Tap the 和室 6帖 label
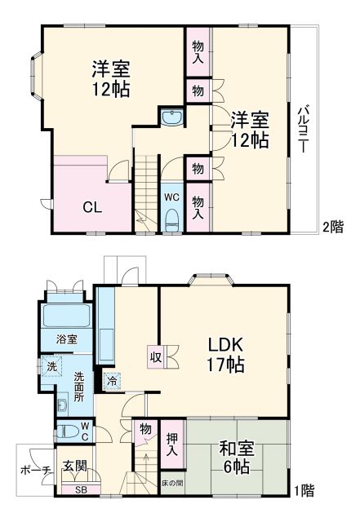233,458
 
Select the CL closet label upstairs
91,206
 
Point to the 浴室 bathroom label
66,338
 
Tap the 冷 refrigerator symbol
111,379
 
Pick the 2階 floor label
331,227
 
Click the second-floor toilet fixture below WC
171,219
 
